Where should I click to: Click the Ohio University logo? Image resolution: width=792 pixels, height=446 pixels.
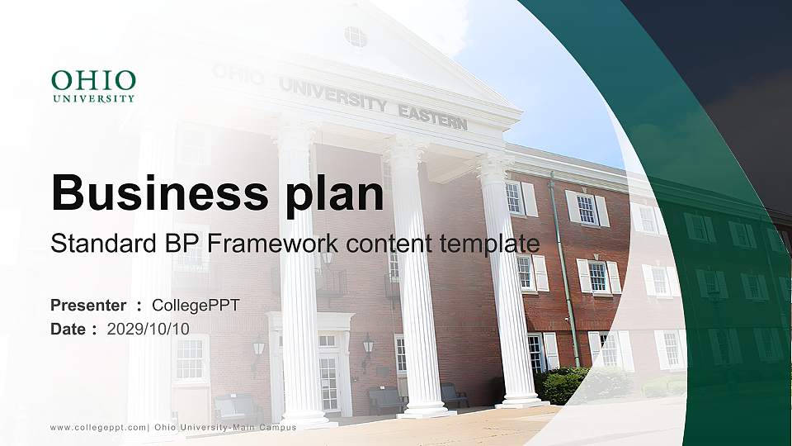[x=93, y=86]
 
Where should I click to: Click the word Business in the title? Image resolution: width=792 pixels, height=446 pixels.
[x=154, y=193]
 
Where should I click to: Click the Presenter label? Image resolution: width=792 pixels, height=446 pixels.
[x=88, y=306]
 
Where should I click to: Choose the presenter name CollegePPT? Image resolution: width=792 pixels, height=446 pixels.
[x=196, y=306]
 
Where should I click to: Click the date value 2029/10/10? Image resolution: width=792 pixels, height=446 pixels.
[x=148, y=329]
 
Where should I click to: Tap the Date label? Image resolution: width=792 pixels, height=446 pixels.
[x=68, y=329]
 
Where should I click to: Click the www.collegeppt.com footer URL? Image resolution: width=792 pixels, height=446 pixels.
[x=98, y=427]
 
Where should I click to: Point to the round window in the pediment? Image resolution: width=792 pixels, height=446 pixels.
[x=356, y=36]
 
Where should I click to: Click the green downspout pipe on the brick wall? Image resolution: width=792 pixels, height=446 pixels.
[x=564, y=264]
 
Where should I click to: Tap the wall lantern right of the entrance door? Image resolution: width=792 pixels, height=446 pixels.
[x=368, y=348]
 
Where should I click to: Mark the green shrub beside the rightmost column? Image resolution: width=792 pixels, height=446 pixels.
[x=566, y=385]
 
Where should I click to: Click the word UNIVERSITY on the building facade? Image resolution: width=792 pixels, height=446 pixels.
[x=332, y=95]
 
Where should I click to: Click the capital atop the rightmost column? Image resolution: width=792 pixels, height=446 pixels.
[x=494, y=166]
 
